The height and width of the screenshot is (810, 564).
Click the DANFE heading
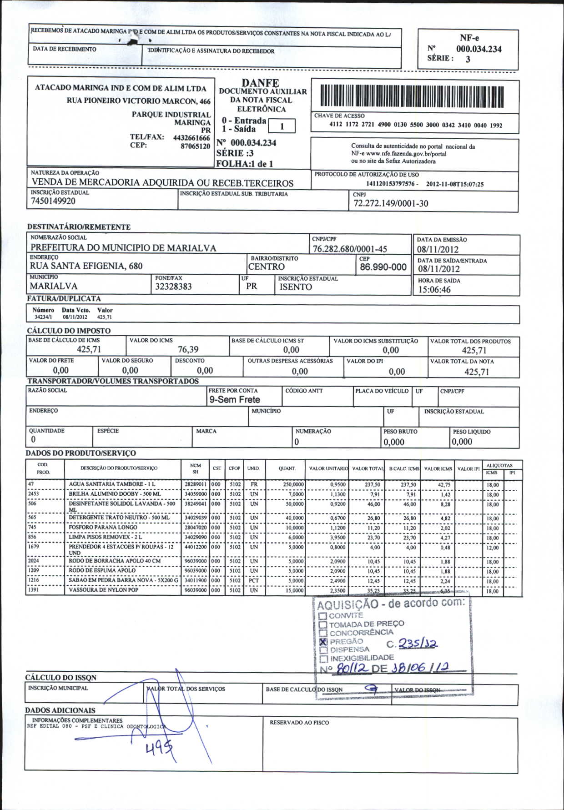(x=260, y=83)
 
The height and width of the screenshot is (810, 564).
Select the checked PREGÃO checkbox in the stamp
(x=323, y=641)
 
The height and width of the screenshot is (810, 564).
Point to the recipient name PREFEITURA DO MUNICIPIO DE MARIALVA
(x=123, y=248)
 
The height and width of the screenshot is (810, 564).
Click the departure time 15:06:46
(x=434, y=290)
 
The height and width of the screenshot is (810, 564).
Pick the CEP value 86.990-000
(x=383, y=267)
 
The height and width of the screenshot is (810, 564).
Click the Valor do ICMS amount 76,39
(x=188, y=349)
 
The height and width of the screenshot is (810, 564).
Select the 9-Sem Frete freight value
(x=234, y=400)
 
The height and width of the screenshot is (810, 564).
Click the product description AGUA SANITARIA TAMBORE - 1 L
(x=112, y=484)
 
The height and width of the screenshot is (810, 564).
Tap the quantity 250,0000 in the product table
(x=293, y=485)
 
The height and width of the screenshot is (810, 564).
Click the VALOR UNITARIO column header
(x=328, y=468)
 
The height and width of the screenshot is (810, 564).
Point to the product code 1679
(x=34, y=547)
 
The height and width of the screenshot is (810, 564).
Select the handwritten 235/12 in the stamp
(x=418, y=644)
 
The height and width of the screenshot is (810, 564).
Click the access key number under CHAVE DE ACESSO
(x=416, y=125)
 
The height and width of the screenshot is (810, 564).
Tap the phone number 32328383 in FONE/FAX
(x=173, y=287)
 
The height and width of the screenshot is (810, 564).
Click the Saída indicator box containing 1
(x=282, y=126)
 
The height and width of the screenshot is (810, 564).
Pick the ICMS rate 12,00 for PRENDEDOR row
(x=493, y=548)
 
